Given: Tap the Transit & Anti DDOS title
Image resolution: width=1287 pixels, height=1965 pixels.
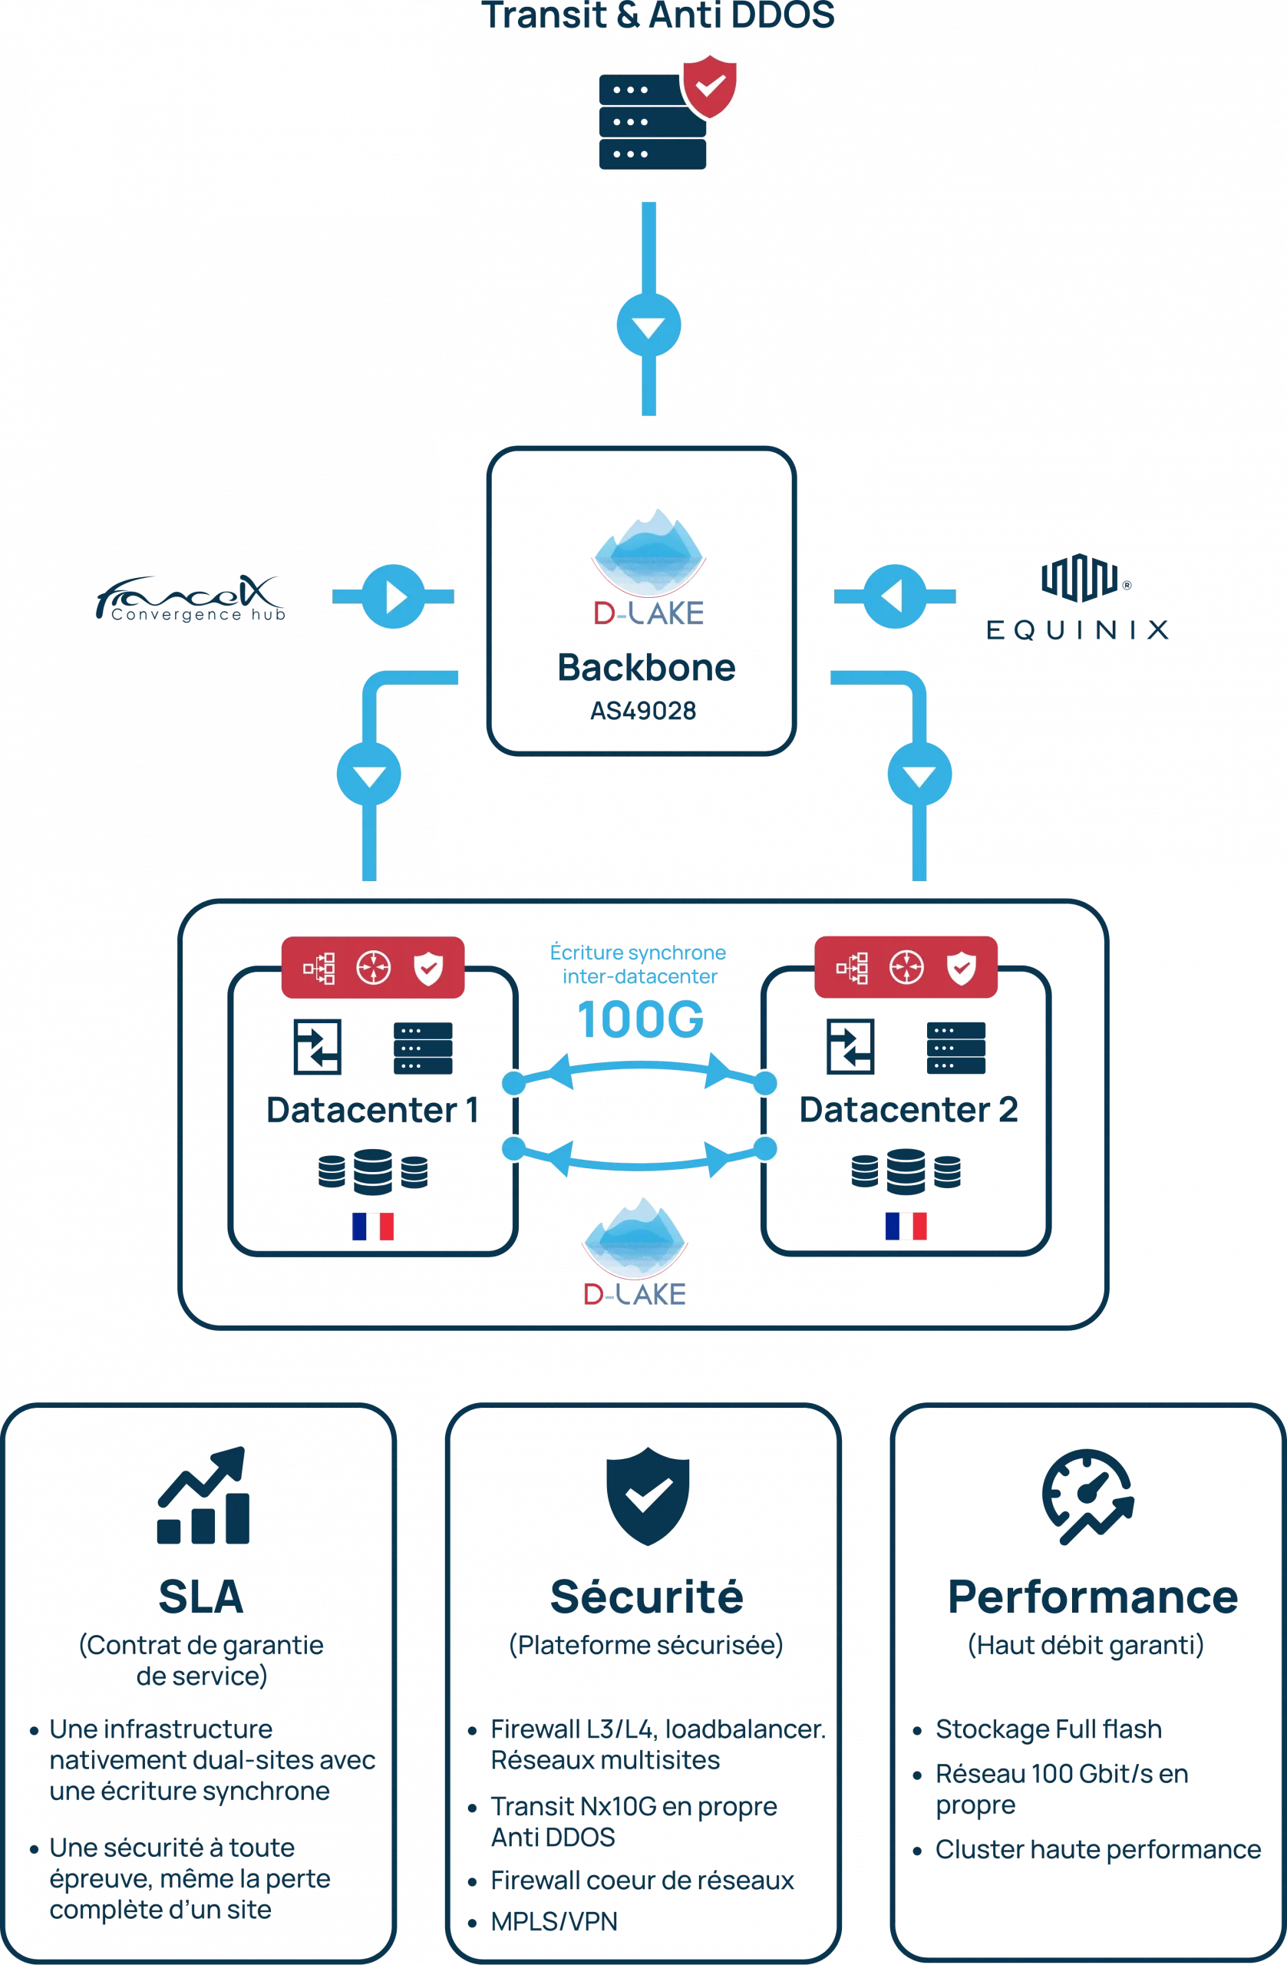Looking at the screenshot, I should click(657, 17).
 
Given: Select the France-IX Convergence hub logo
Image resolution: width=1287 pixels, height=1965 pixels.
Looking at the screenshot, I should click(189, 599).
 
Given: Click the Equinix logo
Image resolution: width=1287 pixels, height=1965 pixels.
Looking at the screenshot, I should click(1079, 599).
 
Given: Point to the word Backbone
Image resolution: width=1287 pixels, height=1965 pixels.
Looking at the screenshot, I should click(646, 667).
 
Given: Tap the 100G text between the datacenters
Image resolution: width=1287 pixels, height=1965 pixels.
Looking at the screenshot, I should click(640, 1019).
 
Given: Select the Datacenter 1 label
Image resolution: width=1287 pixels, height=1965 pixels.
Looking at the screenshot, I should click(372, 1110).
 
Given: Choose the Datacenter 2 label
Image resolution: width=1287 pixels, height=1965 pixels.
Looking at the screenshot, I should click(907, 1110).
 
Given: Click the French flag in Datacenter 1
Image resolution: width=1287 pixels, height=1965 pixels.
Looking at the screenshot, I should click(372, 1225).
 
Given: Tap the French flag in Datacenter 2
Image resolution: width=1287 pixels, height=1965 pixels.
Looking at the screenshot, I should click(906, 1225).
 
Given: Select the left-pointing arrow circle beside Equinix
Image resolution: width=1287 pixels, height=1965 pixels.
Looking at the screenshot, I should click(894, 596).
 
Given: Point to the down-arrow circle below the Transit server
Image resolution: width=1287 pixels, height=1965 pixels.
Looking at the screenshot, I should click(648, 325).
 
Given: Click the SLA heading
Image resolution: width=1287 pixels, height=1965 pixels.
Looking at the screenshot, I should click(200, 1597).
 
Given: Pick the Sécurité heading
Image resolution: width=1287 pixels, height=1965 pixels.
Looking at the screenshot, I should click(645, 1597).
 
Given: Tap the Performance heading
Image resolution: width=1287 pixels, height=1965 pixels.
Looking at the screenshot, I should click(1091, 1597).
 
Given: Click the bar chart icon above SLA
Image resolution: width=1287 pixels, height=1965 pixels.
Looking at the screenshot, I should click(203, 1496).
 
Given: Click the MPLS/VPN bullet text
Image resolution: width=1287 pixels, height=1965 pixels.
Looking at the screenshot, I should click(554, 1923).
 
